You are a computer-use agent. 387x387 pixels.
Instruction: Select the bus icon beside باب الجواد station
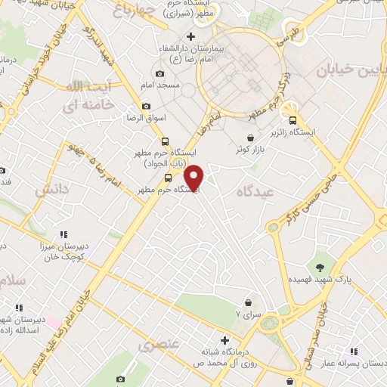coord(165,141)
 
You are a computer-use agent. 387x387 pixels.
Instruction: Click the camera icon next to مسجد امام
coord(159,74)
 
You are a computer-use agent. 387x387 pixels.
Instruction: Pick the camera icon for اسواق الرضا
coord(147,106)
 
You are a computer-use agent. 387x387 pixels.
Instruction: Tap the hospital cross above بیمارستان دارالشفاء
coord(190,36)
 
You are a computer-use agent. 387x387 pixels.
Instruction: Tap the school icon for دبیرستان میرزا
coord(64,234)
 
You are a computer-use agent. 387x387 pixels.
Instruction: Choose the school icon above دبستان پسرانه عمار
coord(354,351)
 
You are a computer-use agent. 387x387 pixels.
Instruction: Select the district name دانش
coord(51,187)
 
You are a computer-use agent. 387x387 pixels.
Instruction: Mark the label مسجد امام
coord(165,85)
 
